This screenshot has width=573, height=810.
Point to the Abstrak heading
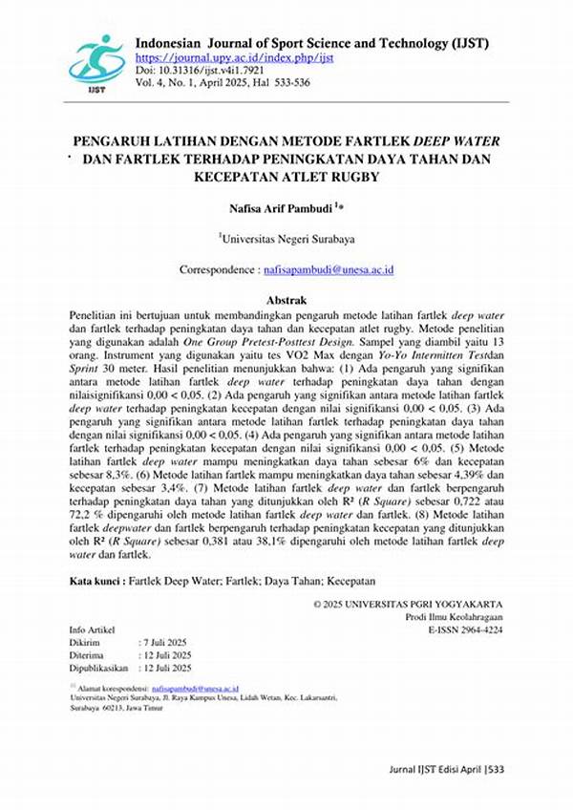[x=286, y=299]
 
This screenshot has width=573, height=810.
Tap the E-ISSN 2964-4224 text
[x=466, y=629]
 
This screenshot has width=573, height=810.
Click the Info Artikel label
[x=93, y=630]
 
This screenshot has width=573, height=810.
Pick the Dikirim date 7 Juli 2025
[x=168, y=643]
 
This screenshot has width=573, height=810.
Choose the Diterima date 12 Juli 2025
[x=170, y=654]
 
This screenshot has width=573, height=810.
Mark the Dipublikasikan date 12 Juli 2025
[x=170, y=667]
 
